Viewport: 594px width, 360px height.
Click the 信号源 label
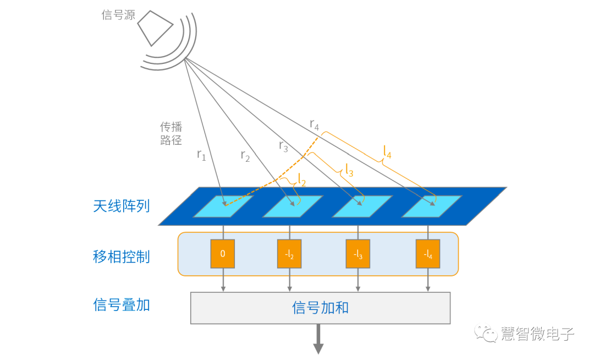click(x=118, y=15)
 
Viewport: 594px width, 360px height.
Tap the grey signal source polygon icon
click(x=155, y=28)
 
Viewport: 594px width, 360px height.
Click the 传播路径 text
click(x=171, y=133)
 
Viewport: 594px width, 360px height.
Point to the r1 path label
click(x=201, y=155)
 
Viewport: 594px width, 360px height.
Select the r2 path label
click(x=245, y=155)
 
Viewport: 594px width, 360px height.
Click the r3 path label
click(x=283, y=146)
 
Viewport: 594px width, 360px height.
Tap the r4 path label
click(x=314, y=124)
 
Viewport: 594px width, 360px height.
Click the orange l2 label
click(x=302, y=178)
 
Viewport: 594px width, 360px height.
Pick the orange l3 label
click(x=349, y=170)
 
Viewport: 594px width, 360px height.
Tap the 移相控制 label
click(x=121, y=256)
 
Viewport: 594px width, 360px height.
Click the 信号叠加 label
click(x=121, y=305)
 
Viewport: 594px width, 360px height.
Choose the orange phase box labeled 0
click(x=223, y=254)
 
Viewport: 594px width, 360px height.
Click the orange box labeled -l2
click(x=290, y=254)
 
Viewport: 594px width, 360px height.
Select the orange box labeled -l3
click(x=358, y=254)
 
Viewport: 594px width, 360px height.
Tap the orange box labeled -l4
click(x=427, y=254)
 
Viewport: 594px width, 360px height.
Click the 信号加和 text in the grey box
click(x=320, y=308)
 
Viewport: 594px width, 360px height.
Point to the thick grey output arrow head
click(x=318, y=348)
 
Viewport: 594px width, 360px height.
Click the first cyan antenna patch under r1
click(x=223, y=206)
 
